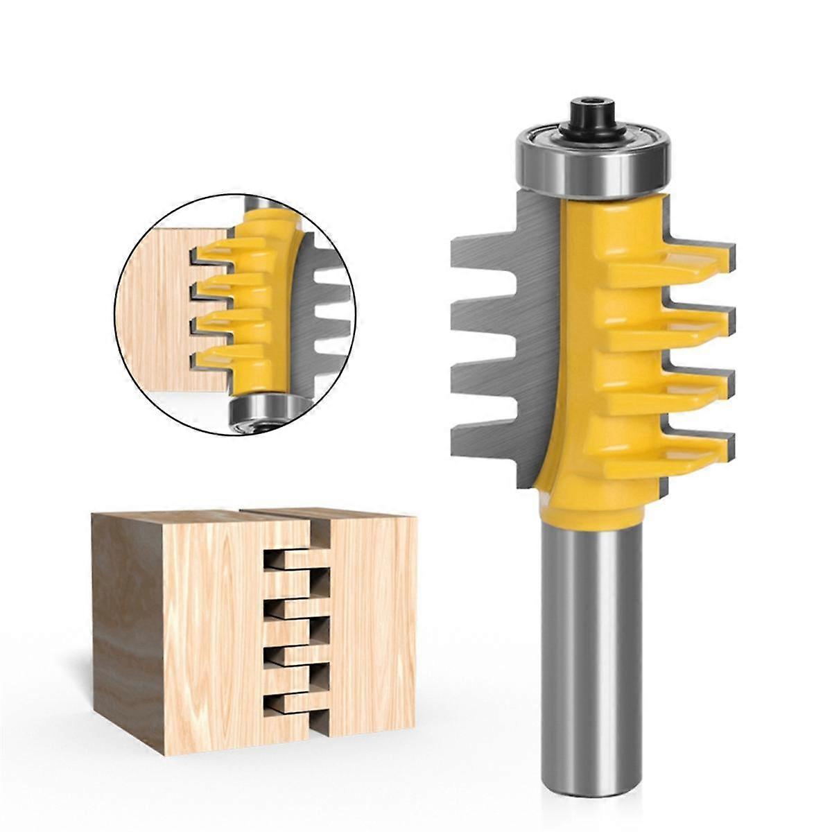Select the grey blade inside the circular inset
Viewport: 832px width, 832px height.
326,312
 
